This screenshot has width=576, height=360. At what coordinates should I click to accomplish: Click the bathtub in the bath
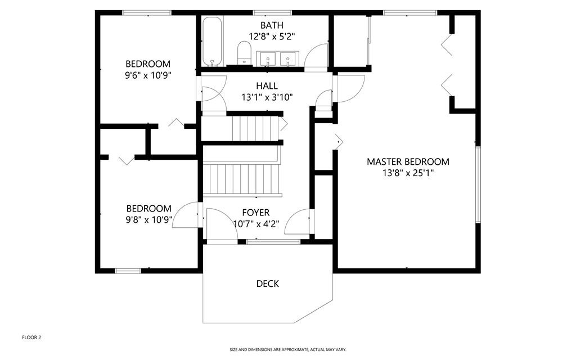pos(212,42)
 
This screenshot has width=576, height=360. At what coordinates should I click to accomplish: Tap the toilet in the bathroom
pos(244,52)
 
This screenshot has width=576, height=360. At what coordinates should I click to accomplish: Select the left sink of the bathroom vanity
pos(268,58)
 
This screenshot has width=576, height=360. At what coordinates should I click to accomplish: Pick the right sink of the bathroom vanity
pos(287,58)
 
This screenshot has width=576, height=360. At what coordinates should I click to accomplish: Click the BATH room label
pos(272,25)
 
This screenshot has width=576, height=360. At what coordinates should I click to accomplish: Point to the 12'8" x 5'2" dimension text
pos(272,37)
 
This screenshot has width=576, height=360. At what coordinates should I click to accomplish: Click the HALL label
pos(267,86)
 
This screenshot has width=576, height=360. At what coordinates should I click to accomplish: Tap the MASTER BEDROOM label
pos(408,161)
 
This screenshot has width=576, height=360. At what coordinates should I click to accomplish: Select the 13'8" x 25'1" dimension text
pos(408,173)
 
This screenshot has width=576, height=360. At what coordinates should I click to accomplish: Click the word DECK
pos(267,283)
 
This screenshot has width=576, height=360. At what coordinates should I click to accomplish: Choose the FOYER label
pos(256,213)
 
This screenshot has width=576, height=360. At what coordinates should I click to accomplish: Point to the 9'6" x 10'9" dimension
pos(148,75)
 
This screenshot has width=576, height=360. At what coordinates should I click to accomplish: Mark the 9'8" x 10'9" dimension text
pos(148,220)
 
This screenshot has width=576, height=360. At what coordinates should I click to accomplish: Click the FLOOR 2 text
pos(31,337)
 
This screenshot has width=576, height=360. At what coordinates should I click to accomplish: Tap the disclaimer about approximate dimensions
pos(287,350)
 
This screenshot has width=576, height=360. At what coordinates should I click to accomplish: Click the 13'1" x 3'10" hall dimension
pos(267,97)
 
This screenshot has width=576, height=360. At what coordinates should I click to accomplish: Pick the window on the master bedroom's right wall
pos(478,184)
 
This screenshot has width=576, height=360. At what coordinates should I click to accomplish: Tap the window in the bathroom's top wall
pos(273,13)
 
